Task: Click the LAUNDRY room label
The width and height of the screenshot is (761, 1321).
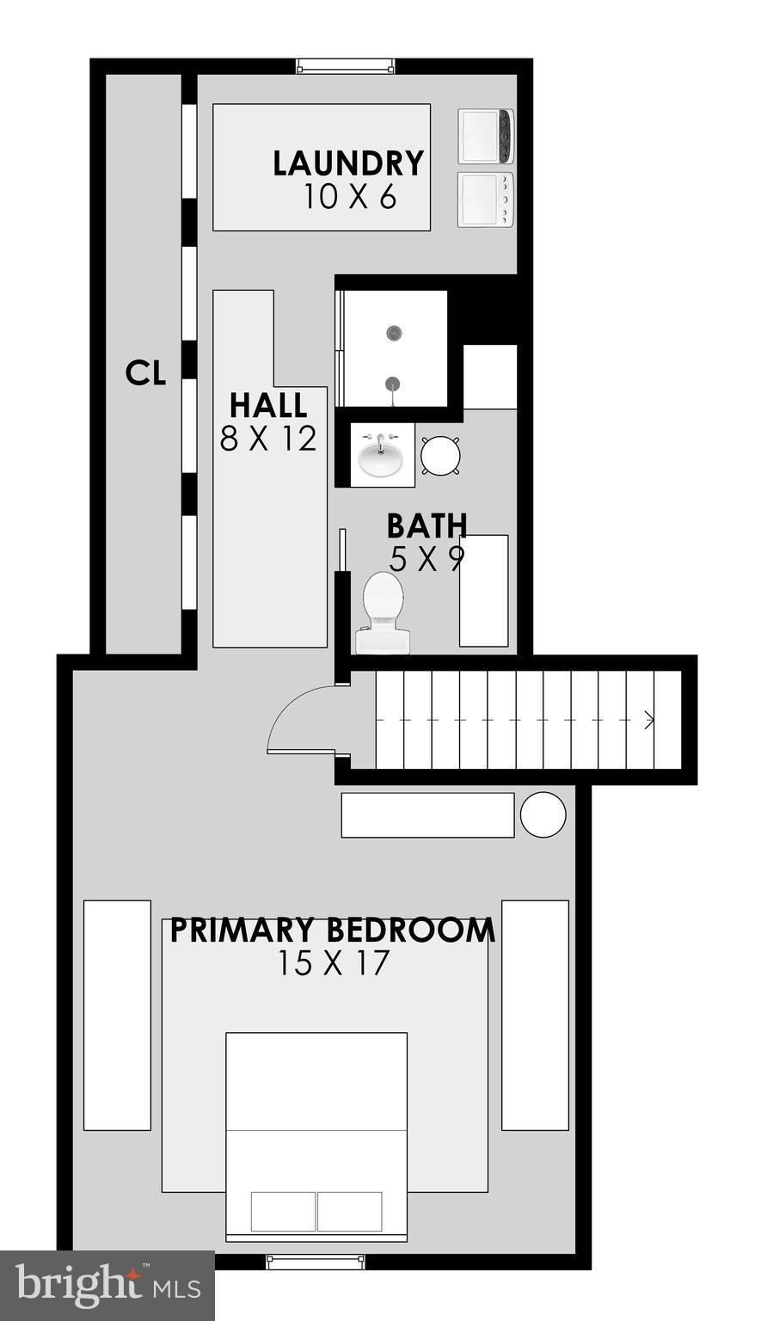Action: pos(348,163)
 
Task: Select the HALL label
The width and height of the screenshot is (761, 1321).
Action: pos(267,405)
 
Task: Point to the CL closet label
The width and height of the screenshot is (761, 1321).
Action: pos(145,373)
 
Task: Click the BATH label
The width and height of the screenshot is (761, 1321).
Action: pos(427,525)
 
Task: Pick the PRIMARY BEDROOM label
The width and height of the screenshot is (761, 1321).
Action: pos(332,931)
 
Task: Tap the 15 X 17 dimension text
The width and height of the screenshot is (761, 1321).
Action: pos(333,963)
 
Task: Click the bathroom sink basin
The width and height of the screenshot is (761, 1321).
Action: pos(380,455)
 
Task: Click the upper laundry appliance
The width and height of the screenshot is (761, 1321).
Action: pos(486,137)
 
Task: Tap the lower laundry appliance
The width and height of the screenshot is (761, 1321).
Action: pos(486,200)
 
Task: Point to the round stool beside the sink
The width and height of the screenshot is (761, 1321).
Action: pos(441,455)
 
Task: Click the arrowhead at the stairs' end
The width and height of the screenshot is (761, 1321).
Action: pos(649,720)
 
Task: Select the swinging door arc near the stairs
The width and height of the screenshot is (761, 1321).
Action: pos(297,718)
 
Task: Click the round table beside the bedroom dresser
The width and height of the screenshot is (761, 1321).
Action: pos(543,814)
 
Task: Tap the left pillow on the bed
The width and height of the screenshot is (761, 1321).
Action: pos(283,1211)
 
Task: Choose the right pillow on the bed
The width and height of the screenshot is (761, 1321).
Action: pos(349,1211)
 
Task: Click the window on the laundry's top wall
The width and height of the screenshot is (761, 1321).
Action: pos(346,66)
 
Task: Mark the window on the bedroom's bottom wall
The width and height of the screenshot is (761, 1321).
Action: pos(316,1262)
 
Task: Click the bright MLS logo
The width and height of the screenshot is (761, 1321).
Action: pos(107,1286)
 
